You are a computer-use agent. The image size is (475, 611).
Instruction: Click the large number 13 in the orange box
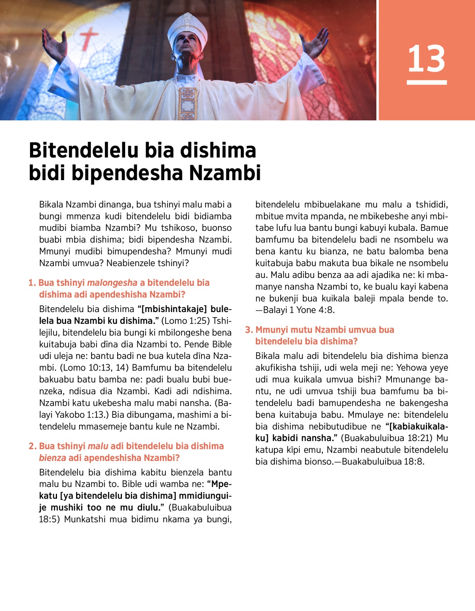tap(426, 58)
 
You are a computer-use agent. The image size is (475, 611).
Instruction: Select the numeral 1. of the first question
tap(32, 283)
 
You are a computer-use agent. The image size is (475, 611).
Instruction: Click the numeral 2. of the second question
tap(32, 446)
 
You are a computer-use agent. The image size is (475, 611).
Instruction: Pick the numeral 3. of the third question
tap(249, 330)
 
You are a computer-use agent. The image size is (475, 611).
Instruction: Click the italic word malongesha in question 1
tap(112, 283)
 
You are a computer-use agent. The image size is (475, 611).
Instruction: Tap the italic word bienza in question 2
tap(52, 458)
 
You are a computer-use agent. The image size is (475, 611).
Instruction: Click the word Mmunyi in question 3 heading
tap(272, 330)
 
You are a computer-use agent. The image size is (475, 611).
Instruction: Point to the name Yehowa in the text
tap(412, 368)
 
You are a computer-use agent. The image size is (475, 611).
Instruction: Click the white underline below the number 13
tap(427, 82)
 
